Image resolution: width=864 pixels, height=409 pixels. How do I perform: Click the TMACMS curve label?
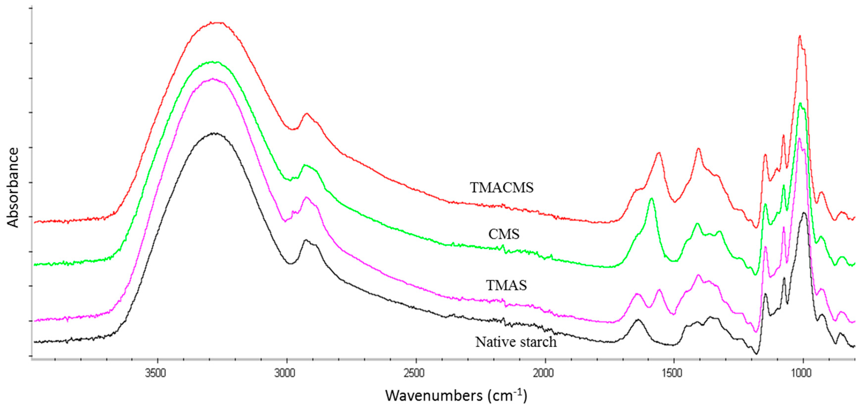tap(502, 188)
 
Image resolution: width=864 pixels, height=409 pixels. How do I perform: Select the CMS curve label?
tap(504, 234)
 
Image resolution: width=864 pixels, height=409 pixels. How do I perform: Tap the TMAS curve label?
tap(506, 285)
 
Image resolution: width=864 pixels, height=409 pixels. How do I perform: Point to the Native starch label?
tap(516, 342)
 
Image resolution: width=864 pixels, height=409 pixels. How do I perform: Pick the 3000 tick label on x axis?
tap(285, 373)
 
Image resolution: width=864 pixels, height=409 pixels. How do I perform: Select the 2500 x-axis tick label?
tap(414, 373)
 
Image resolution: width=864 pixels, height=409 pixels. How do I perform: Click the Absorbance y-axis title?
tap(13, 187)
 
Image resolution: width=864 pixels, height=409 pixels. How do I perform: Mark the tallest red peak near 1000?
tap(800, 36)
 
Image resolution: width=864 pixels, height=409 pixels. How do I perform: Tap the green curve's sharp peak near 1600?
tap(651, 199)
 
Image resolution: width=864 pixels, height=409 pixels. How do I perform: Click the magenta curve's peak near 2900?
tap(306, 198)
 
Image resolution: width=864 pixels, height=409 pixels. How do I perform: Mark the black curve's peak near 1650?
tap(638, 320)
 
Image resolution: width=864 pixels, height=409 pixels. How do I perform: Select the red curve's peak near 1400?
tap(698, 148)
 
